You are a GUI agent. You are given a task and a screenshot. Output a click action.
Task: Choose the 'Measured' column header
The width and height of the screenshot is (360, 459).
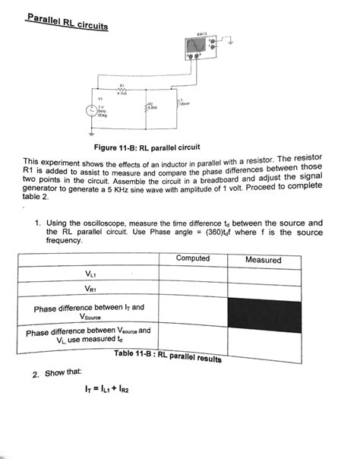[x=263, y=260]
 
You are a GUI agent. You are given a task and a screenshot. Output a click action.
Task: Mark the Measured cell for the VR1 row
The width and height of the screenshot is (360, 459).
[x=264, y=290]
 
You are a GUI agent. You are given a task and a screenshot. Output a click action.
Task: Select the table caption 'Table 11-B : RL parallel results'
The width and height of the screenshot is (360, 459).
[x=167, y=356]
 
